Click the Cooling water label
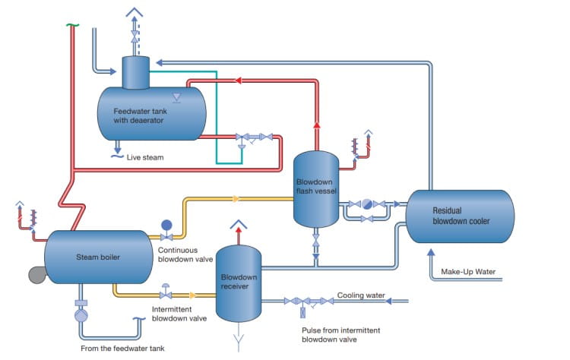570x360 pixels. pyautogui.click(x=362, y=295)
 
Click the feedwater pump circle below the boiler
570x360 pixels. pyautogui.click(x=81, y=314)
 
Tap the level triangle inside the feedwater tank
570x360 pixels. pyautogui.click(x=176, y=96)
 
